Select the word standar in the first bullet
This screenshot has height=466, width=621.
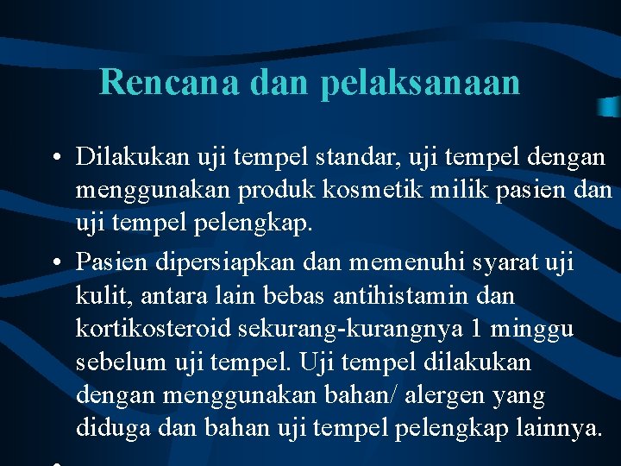click(x=353, y=157)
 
